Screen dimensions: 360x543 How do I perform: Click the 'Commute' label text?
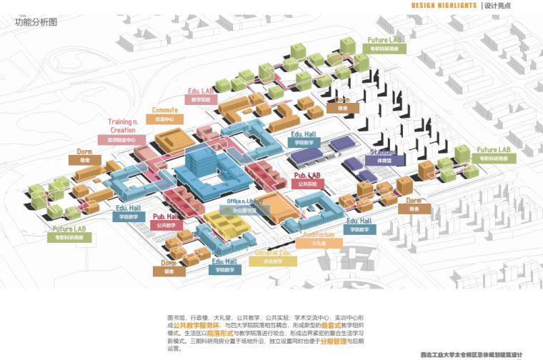[x=165, y=111]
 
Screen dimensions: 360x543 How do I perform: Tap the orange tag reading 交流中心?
[x=165, y=119]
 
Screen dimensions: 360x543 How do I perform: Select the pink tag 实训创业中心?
[x=121, y=140]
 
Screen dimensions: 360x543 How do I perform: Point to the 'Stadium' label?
[x=383, y=152]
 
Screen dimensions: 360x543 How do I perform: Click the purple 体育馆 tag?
[x=385, y=161]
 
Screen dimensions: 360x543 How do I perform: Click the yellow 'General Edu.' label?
[x=273, y=253]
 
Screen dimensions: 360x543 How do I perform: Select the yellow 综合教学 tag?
[x=273, y=262]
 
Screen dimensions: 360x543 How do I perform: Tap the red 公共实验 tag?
[x=309, y=184]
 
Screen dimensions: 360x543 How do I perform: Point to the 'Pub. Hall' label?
[x=166, y=216]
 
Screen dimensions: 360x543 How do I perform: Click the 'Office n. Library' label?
[x=245, y=202]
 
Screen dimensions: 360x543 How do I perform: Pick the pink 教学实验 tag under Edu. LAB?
[x=201, y=101]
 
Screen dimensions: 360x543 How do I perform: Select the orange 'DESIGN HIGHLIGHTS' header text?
[x=444, y=6]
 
